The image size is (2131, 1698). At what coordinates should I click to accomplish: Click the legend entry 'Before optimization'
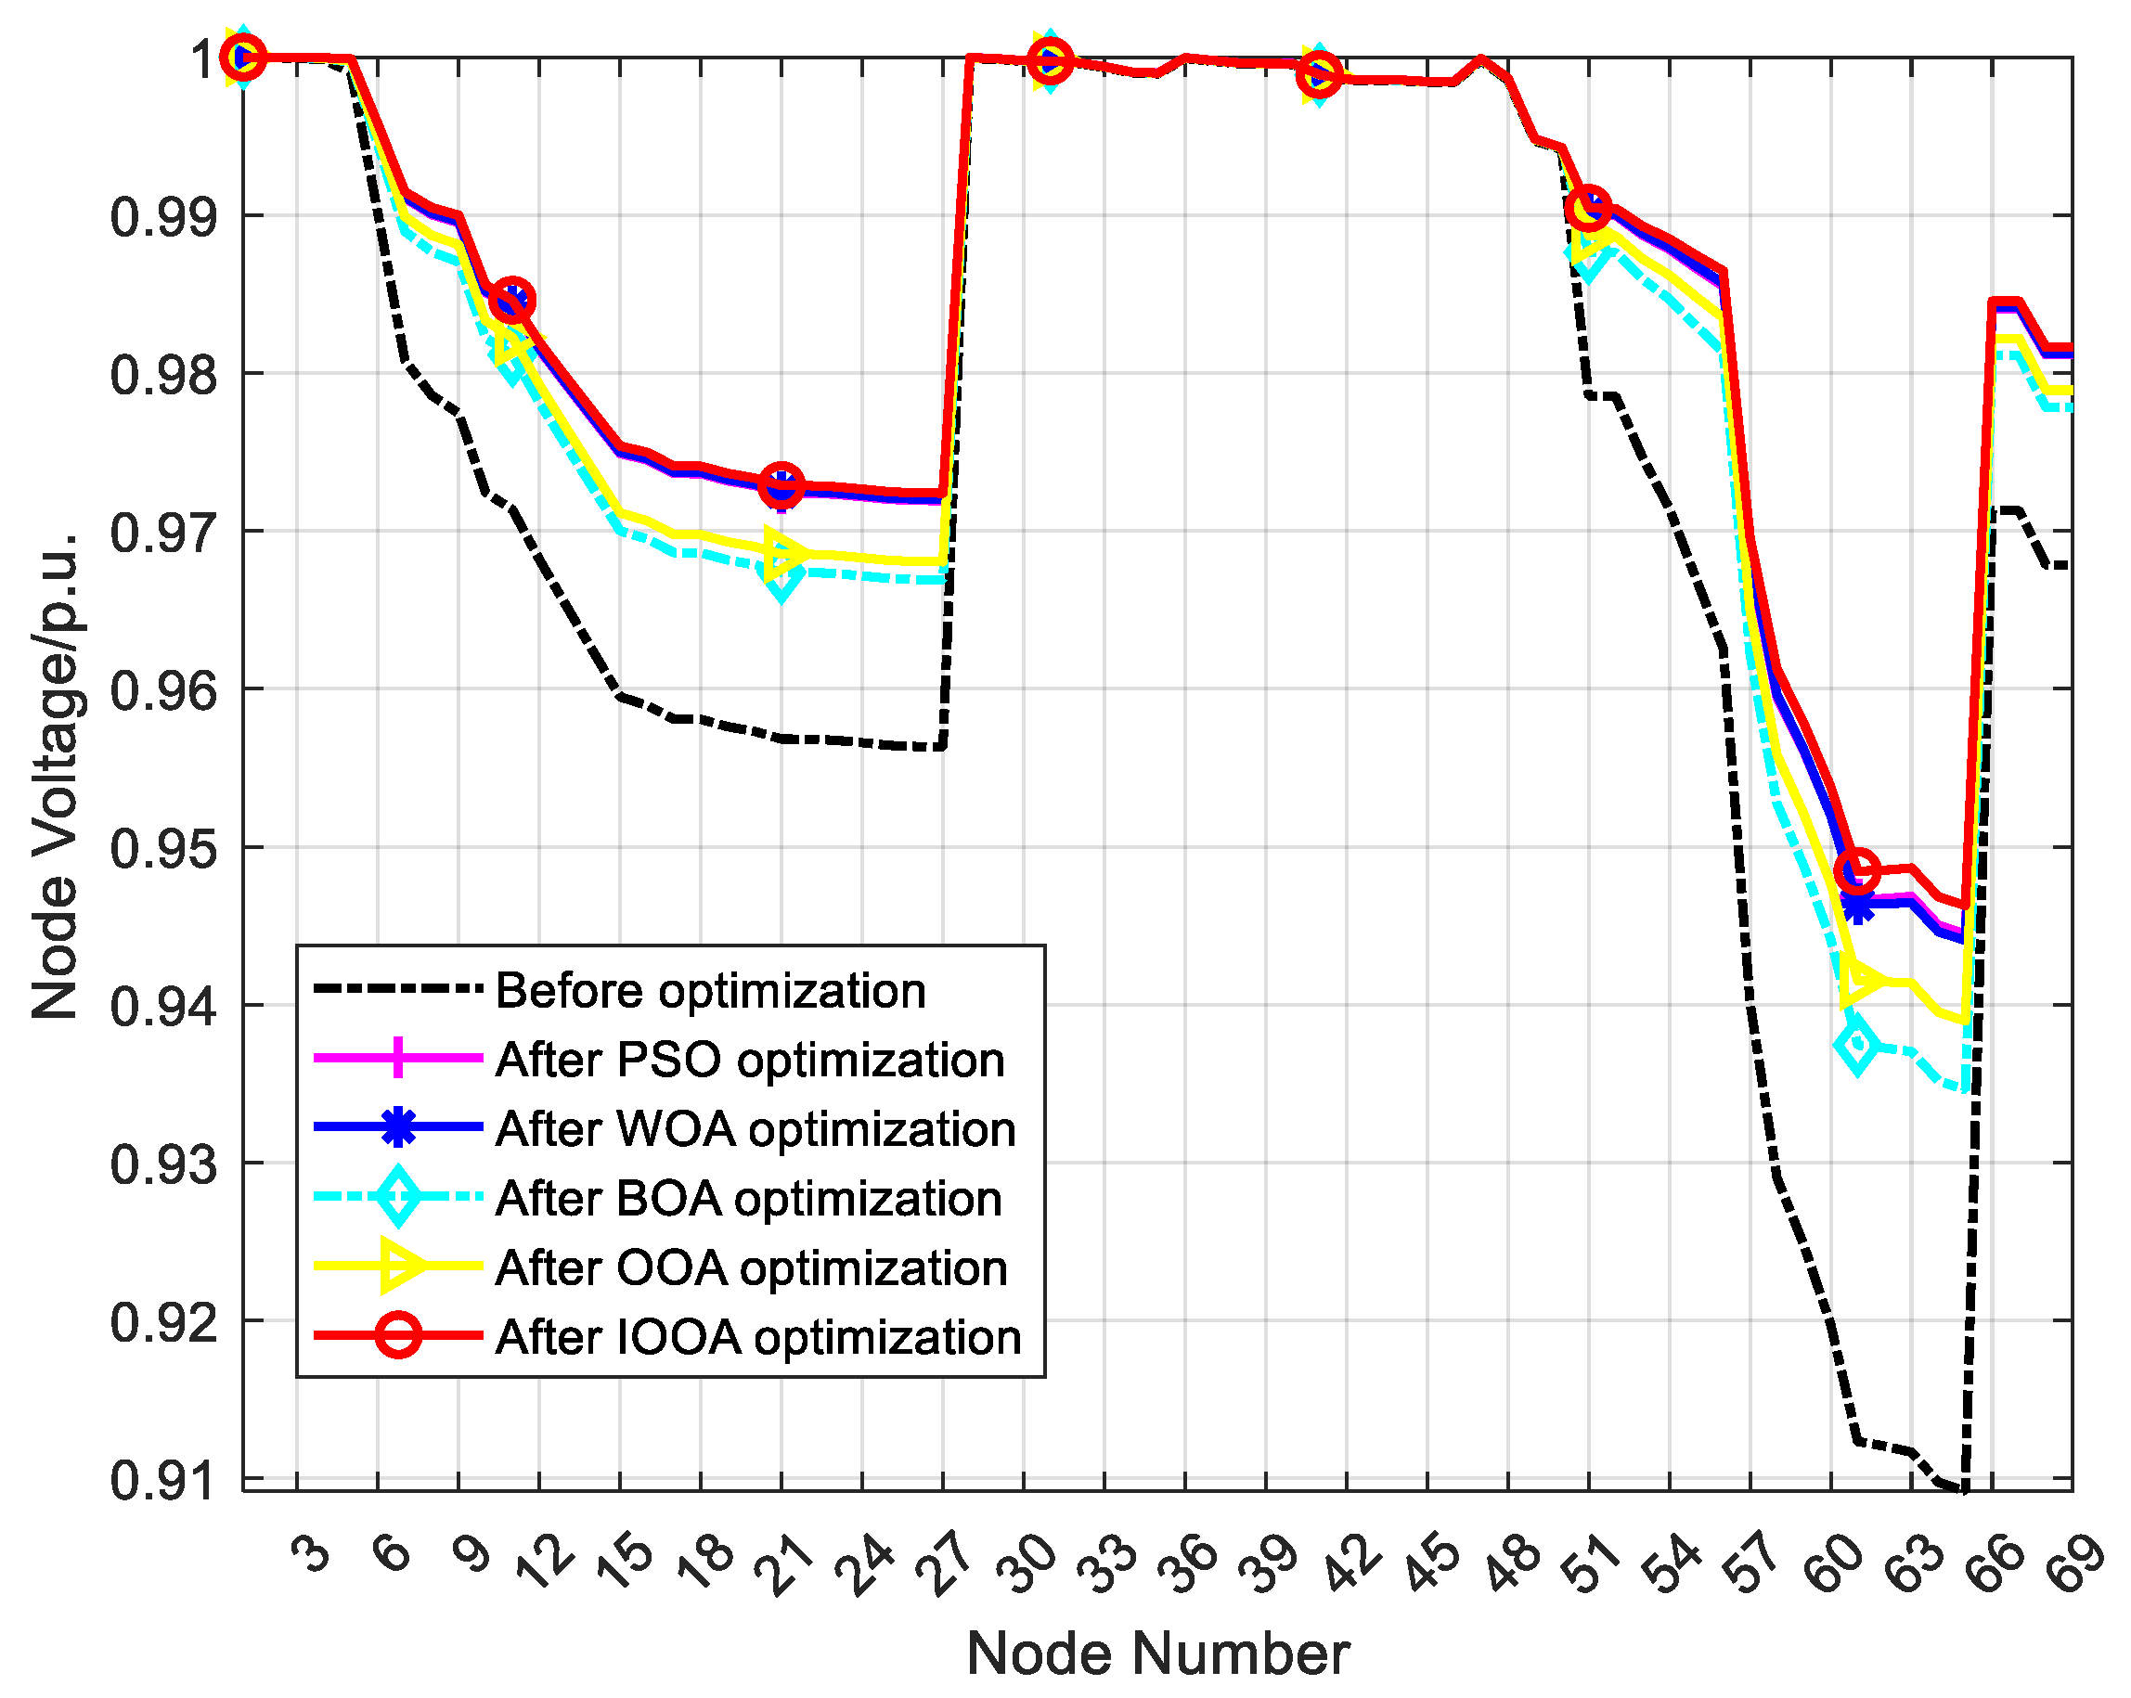coord(710,990)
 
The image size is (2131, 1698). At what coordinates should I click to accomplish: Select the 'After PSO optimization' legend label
coord(749,1060)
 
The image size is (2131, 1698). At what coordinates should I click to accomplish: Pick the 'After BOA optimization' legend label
coord(748,1198)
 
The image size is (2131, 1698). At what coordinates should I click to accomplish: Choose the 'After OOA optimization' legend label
coord(751,1267)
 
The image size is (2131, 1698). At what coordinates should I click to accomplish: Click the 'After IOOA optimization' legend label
coord(758,1336)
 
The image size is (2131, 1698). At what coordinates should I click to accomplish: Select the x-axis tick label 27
coord(949,1566)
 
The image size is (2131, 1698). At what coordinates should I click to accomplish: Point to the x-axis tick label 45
coord(1433,1566)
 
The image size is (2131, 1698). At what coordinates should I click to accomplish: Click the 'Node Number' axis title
coord(1157,1654)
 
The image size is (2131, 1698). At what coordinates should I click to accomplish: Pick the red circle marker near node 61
coord(1856,870)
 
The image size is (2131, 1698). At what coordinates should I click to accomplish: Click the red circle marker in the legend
coord(397,1336)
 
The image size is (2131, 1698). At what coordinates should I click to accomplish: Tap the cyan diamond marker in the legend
coord(397,1197)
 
